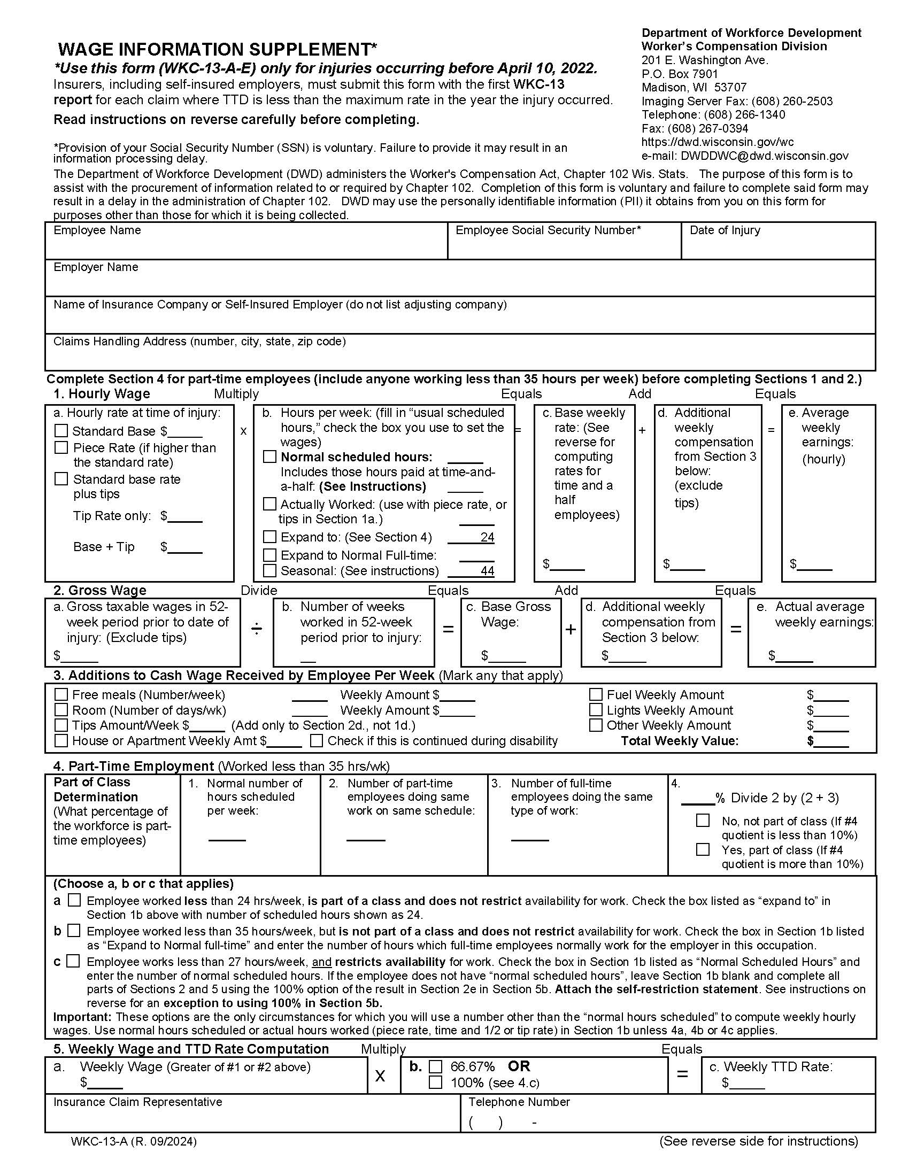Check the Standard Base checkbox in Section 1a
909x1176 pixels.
click(x=61, y=431)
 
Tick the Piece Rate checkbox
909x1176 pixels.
click(x=61, y=447)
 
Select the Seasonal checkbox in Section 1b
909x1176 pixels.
click(x=269, y=570)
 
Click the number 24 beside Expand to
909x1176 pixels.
click(x=487, y=537)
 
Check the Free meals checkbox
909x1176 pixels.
click(x=61, y=694)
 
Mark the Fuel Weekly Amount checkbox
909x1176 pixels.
click(x=596, y=694)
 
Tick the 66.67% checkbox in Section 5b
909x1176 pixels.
click(x=435, y=1067)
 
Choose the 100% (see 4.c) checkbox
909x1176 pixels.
click(x=435, y=1082)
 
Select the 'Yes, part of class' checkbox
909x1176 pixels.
click(x=703, y=850)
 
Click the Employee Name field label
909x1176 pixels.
click(x=97, y=230)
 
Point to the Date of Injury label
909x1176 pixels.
click(x=725, y=230)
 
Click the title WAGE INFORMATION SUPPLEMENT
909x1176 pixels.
click(x=217, y=50)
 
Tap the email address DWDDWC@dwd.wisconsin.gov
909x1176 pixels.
click(x=764, y=156)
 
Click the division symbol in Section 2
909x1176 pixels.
click(x=257, y=629)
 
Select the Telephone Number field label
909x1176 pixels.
click(x=519, y=1102)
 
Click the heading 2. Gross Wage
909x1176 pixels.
click(x=99, y=591)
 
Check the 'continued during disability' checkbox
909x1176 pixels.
click(x=317, y=741)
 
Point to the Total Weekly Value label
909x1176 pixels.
click(x=680, y=741)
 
